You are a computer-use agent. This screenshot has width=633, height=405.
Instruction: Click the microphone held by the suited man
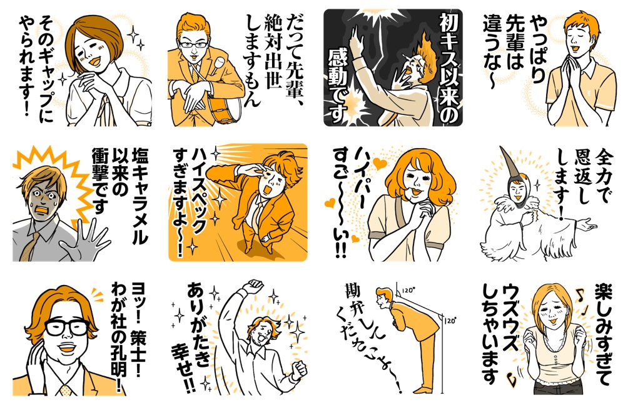point(218,64)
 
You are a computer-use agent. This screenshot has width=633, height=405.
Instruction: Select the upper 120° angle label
point(408,290)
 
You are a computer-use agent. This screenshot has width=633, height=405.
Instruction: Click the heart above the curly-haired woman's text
point(379,163)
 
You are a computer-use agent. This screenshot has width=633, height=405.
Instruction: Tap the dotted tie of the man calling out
point(66,390)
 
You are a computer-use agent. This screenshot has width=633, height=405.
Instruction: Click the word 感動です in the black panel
point(338,86)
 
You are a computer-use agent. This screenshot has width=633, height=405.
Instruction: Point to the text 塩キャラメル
point(139,196)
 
